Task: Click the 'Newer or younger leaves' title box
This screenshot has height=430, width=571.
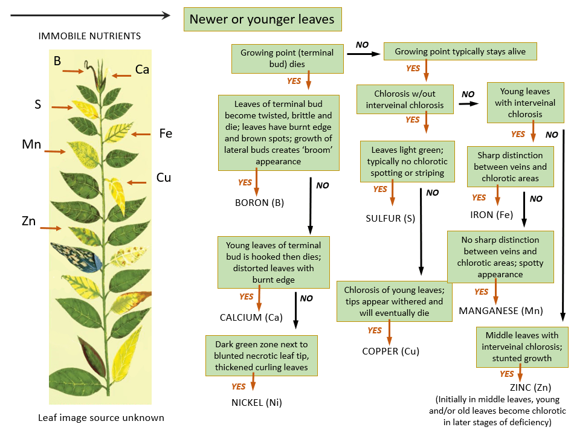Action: pos(262,19)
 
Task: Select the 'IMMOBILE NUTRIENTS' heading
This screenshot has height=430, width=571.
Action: pos(89,36)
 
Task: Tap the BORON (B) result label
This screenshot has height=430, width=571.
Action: pos(260,202)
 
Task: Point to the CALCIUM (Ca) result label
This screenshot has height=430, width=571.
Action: pos(251,317)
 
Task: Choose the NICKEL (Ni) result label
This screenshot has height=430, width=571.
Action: pos(256,402)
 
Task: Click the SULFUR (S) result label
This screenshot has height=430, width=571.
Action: pos(390,218)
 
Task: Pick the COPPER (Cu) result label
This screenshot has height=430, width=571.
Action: pos(390,351)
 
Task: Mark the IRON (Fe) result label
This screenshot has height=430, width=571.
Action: pos(491,214)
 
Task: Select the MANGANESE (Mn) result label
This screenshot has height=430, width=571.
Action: pos(500,311)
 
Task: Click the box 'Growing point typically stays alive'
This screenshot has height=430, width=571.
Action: pos(460,52)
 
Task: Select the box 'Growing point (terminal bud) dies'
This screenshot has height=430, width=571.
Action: pos(282,58)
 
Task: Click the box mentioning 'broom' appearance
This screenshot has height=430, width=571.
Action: pos(278,132)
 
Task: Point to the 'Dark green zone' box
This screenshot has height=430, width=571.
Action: pos(261,356)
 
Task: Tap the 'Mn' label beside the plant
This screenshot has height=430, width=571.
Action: pos(31,144)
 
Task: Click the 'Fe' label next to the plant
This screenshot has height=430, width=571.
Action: pos(165,133)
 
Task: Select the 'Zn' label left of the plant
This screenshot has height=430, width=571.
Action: pos(28,221)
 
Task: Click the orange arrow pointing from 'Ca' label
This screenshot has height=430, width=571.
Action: pos(121,75)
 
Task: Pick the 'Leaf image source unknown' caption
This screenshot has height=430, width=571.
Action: pos(101,417)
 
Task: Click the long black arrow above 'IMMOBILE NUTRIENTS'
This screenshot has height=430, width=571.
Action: pos(91,16)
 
